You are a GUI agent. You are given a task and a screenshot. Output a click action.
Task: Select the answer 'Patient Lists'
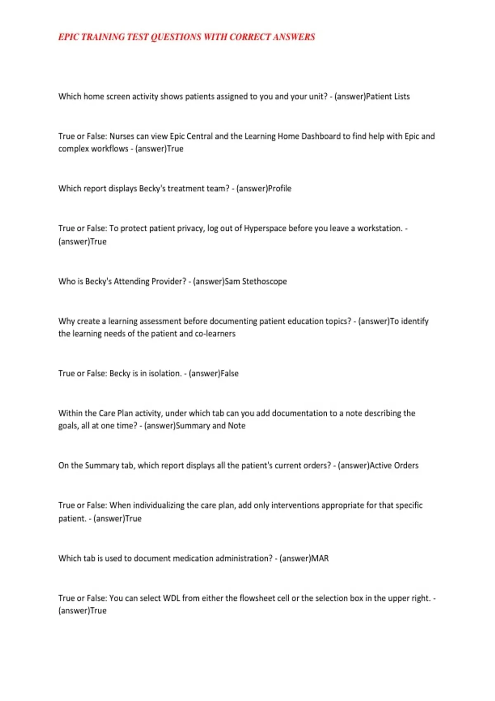[388, 96]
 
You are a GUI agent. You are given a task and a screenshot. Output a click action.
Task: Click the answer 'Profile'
[280, 188]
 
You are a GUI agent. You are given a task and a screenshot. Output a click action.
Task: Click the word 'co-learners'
[215, 334]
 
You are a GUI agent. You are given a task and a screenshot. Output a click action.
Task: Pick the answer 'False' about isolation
[229, 374]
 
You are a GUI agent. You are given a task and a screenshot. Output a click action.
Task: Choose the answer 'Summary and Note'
[210, 426]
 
